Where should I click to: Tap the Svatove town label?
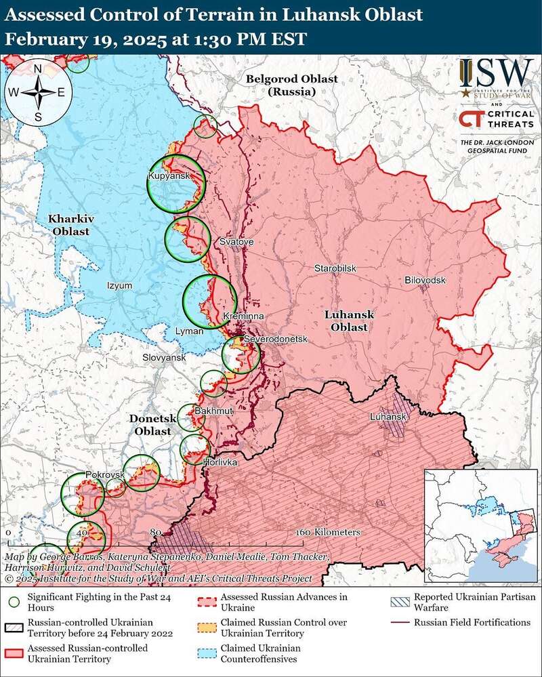click(x=236, y=242)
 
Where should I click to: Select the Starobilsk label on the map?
click(x=335, y=269)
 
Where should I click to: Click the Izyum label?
click(x=120, y=285)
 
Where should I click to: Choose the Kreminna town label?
click(x=243, y=316)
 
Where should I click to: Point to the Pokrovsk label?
click(x=105, y=475)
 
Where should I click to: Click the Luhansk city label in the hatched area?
click(x=388, y=417)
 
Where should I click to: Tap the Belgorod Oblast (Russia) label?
click(x=291, y=85)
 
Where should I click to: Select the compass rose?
click(x=38, y=93)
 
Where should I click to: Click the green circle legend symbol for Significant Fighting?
click(x=14, y=600)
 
